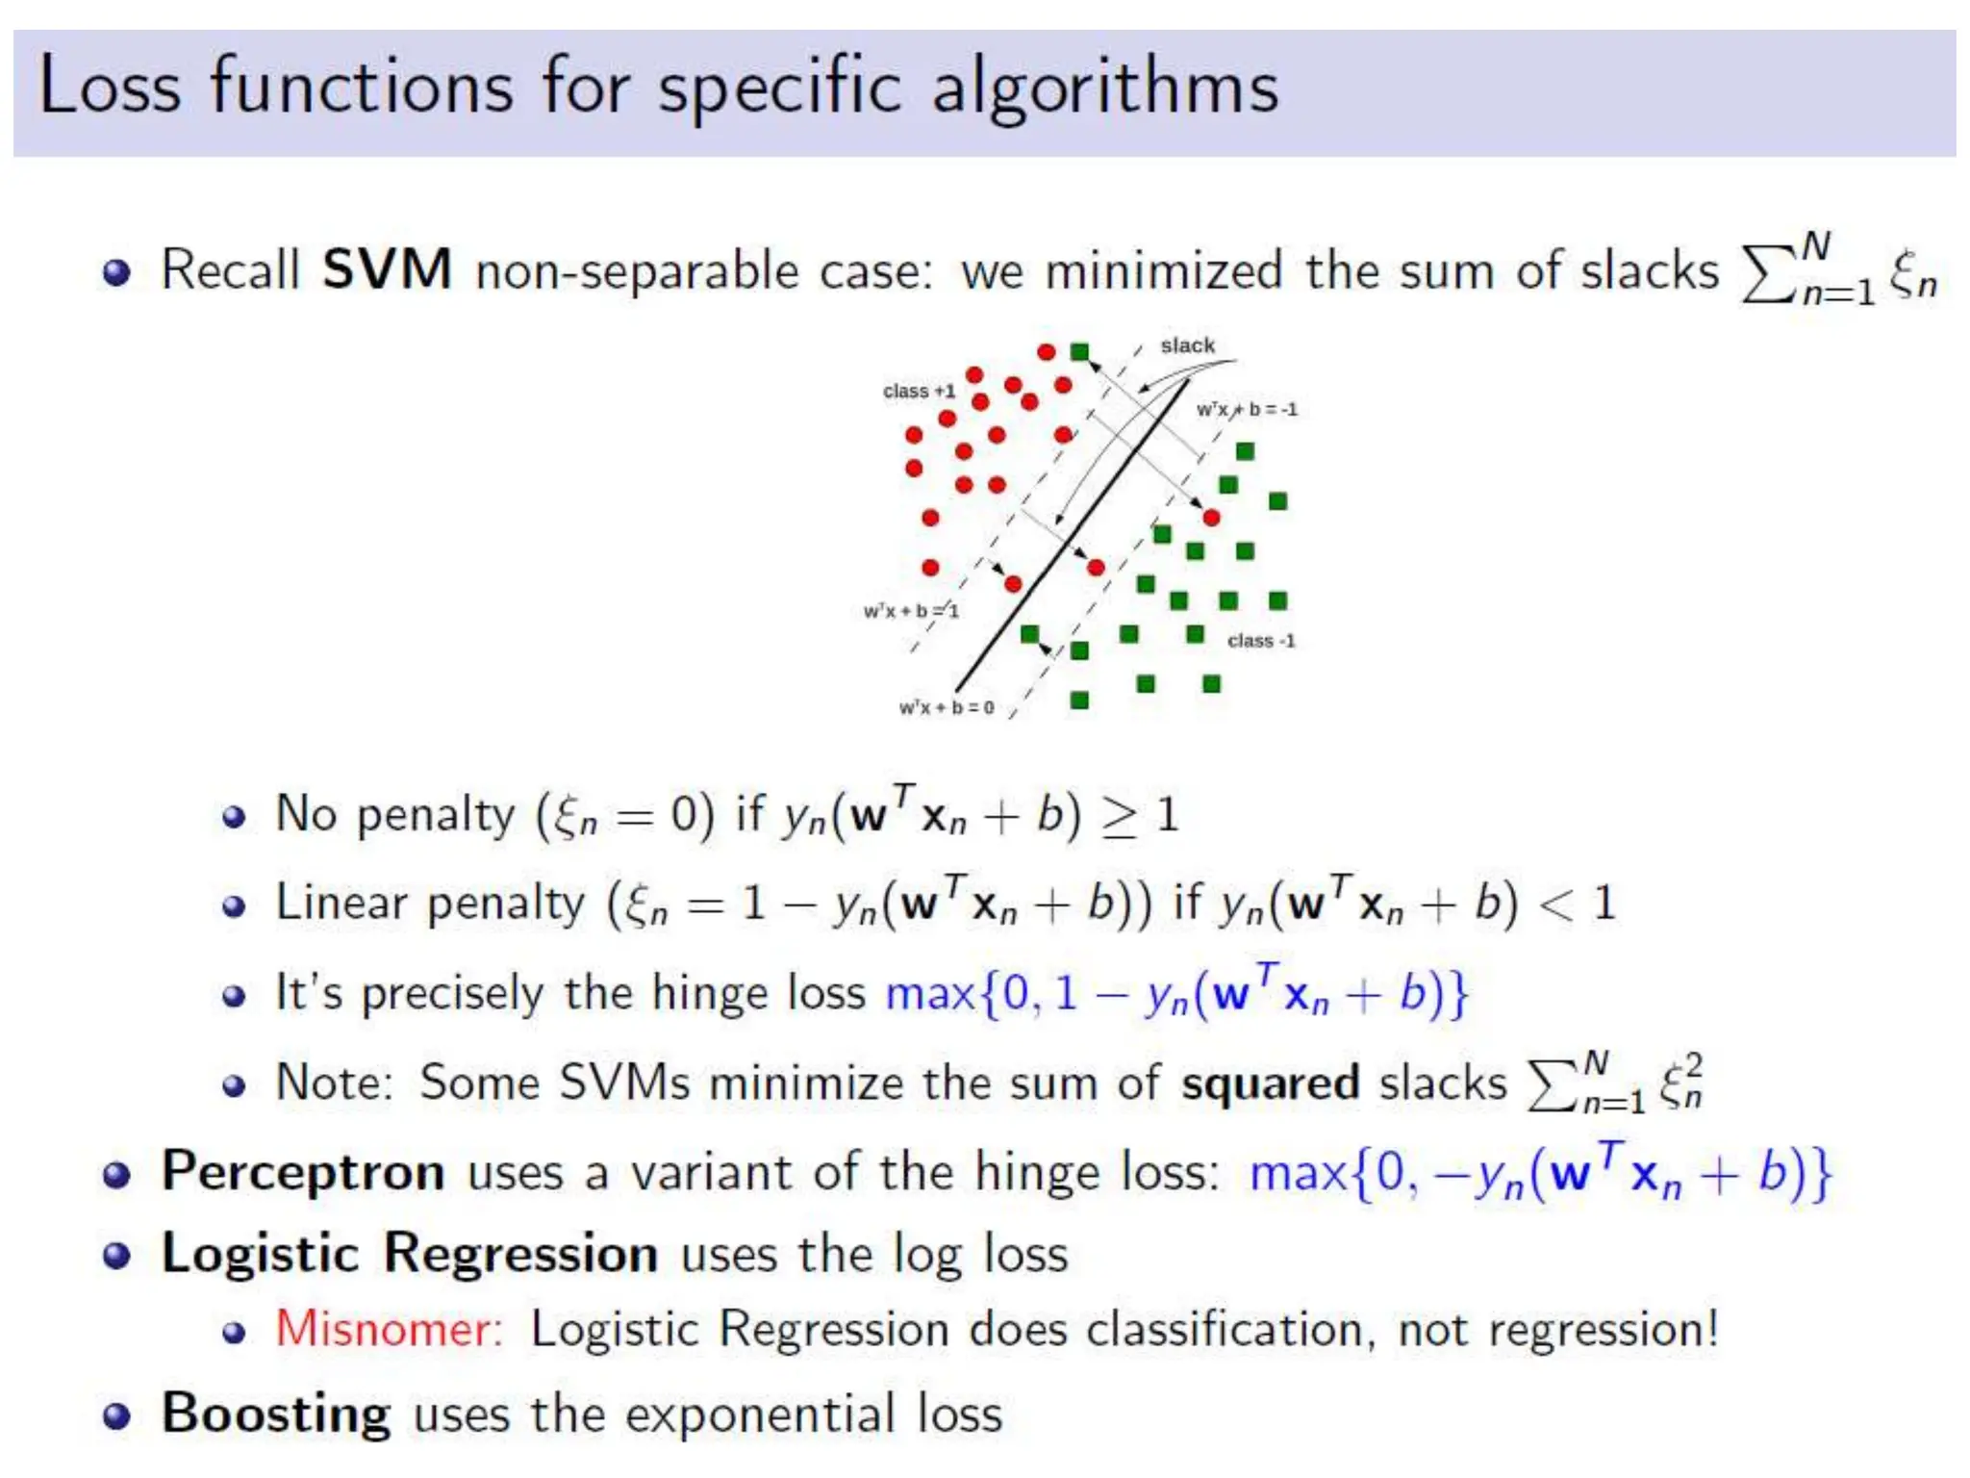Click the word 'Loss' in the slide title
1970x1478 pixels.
click(x=109, y=87)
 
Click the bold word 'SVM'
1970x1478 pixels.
click(x=387, y=269)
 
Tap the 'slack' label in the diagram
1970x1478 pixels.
click(x=1187, y=345)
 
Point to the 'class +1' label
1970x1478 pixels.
click(x=919, y=391)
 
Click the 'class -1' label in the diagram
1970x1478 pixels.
click(x=1261, y=641)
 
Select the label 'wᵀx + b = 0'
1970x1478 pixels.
click(x=946, y=708)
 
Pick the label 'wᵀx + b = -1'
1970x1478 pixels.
click(x=1247, y=410)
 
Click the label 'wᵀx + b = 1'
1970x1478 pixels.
click(x=910, y=611)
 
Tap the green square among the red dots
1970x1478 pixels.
click(x=1079, y=352)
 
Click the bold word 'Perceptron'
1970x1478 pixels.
click(x=303, y=1172)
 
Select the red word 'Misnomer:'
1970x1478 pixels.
click(x=390, y=1330)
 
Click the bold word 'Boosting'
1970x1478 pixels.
click(x=276, y=1414)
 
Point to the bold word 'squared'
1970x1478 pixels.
click(x=1270, y=1084)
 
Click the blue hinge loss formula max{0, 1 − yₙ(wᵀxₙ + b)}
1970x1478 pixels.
click(x=1176, y=994)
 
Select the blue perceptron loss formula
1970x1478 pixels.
click(x=1540, y=1173)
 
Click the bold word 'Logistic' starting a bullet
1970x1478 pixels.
click(x=260, y=1255)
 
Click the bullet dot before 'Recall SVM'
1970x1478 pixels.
click(x=116, y=272)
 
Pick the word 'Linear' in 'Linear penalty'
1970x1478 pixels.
click(x=341, y=904)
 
